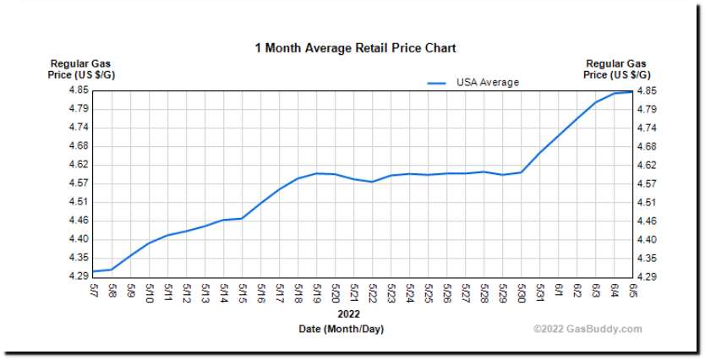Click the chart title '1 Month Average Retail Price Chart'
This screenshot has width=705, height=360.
click(x=355, y=48)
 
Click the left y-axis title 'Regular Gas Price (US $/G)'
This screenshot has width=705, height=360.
click(x=80, y=69)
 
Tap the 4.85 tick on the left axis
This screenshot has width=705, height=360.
click(x=79, y=90)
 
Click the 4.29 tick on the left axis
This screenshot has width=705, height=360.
click(x=79, y=276)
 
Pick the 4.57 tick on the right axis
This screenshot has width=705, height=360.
click(x=647, y=183)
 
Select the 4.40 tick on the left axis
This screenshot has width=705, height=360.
click(x=79, y=239)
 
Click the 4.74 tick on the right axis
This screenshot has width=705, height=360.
click(x=647, y=128)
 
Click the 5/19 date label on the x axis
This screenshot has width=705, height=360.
click(x=317, y=292)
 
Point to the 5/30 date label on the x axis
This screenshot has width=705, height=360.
click(x=522, y=292)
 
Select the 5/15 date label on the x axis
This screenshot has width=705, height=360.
click(x=243, y=292)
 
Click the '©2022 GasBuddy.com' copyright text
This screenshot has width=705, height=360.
click(x=587, y=330)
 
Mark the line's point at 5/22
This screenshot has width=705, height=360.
click(x=372, y=182)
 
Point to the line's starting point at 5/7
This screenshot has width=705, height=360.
click(x=93, y=271)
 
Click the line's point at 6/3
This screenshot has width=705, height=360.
click(x=596, y=102)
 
